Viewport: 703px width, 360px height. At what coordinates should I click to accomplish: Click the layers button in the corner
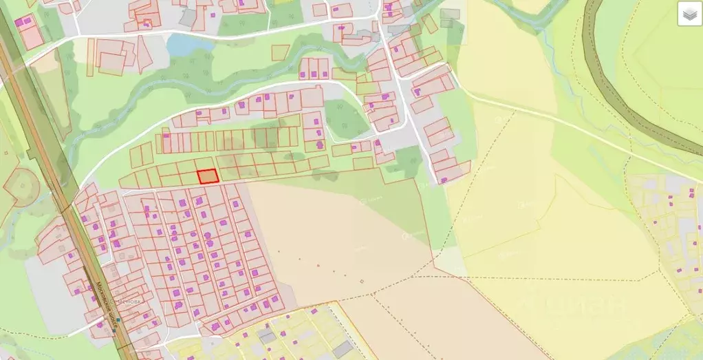pyautogui.click(x=690, y=14)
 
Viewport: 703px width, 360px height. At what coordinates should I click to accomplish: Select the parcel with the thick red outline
pyautogui.click(x=208, y=176)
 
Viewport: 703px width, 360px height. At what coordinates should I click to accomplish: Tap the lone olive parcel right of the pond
pyautogui.click(x=280, y=52)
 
